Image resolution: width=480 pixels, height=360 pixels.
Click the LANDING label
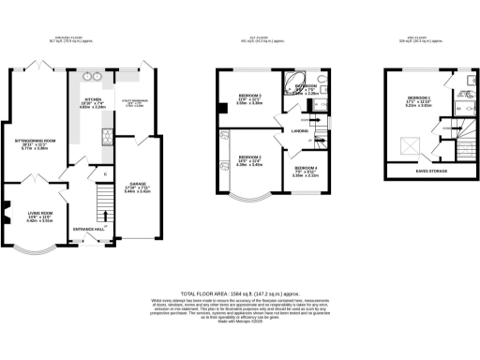point(301,130)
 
